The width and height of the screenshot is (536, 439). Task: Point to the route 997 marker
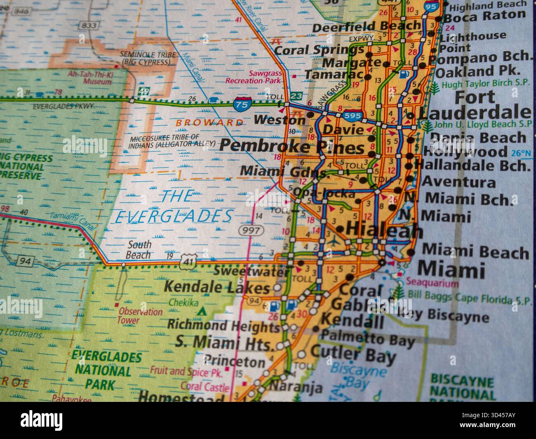(250, 230)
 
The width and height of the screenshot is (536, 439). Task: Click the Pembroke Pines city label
(292, 147)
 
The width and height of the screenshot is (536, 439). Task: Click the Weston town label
(280, 120)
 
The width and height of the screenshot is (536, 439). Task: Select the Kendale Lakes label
(216, 286)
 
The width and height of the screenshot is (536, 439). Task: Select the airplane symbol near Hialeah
(331, 241)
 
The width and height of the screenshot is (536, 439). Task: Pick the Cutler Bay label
(353, 354)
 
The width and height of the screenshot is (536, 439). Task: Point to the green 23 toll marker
(295, 96)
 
